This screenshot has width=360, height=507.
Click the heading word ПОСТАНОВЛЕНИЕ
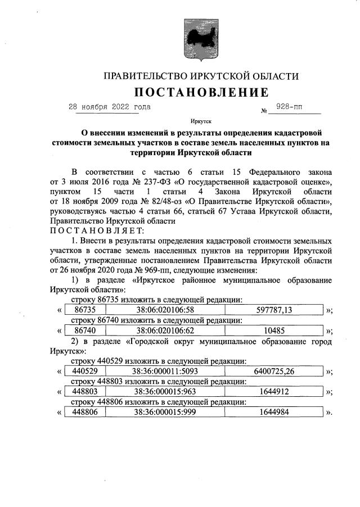(200, 92)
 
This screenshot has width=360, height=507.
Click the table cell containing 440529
(85, 371)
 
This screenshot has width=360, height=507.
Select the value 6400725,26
(274, 371)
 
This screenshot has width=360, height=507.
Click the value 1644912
(274, 392)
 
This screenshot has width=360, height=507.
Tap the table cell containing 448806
(85, 412)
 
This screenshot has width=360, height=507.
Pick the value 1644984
(274, 412)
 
